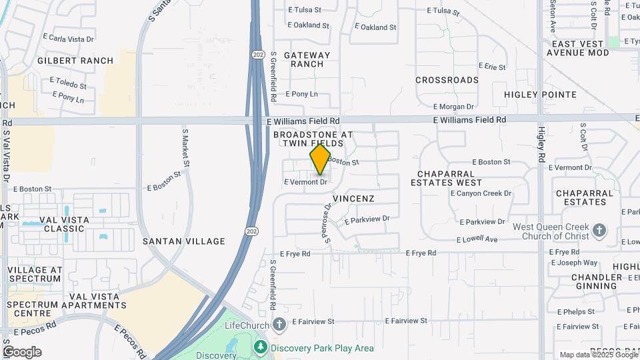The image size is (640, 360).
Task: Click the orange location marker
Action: [320, 159]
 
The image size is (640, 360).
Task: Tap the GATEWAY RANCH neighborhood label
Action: [307, 59]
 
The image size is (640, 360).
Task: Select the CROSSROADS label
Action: [447, 80]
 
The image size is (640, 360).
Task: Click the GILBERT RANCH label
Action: [75, 61]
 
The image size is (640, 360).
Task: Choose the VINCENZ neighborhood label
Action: [353, 199]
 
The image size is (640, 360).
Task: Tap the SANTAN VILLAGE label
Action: [183, 241]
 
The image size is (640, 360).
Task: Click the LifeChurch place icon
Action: [279, 325]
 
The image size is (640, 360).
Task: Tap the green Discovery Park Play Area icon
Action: [260, 347]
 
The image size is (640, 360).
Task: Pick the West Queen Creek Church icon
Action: [599, 231]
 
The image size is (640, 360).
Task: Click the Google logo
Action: [22, 352]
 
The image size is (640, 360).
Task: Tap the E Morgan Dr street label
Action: [453, 106]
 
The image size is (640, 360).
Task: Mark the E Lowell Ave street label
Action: [478, 239]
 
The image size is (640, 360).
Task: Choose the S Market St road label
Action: [186, 148]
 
